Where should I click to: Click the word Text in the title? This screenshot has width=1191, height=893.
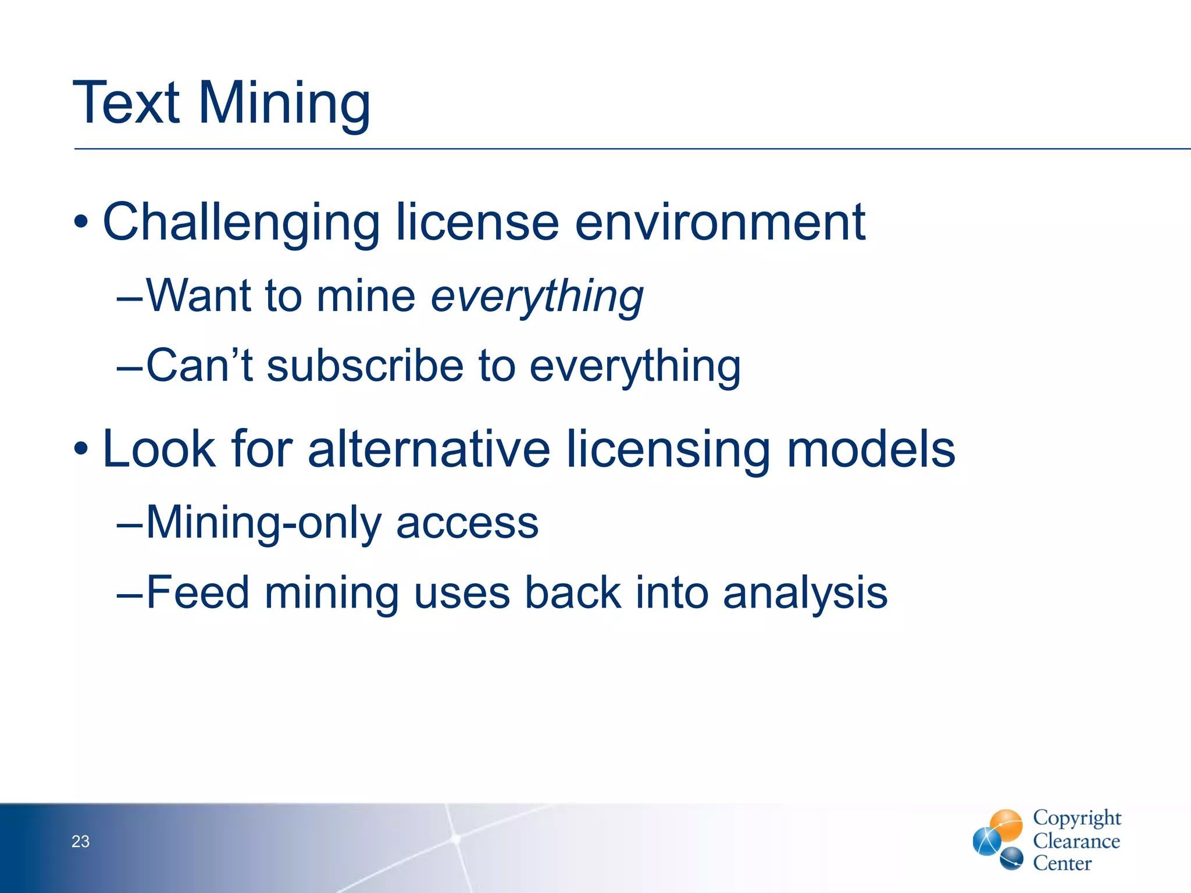[x=126, y=103]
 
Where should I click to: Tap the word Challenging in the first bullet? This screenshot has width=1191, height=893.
[x=241, y=223]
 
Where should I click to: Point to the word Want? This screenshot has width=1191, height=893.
[x=198, y=295]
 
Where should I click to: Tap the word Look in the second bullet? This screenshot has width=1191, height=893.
[x=159, y=449]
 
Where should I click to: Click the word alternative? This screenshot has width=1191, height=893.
[x=429, y=449]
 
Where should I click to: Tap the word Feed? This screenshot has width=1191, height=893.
[x=198, y=592]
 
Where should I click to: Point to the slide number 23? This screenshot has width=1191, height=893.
[x=80, y=841]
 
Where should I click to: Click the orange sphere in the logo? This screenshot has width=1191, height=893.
[x=1006, y=824]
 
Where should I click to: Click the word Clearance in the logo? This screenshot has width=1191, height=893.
[x=1076, y=841]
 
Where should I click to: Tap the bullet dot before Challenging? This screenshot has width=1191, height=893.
[x=81, y=223]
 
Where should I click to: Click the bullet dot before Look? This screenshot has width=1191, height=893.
[x=81, y=449]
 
